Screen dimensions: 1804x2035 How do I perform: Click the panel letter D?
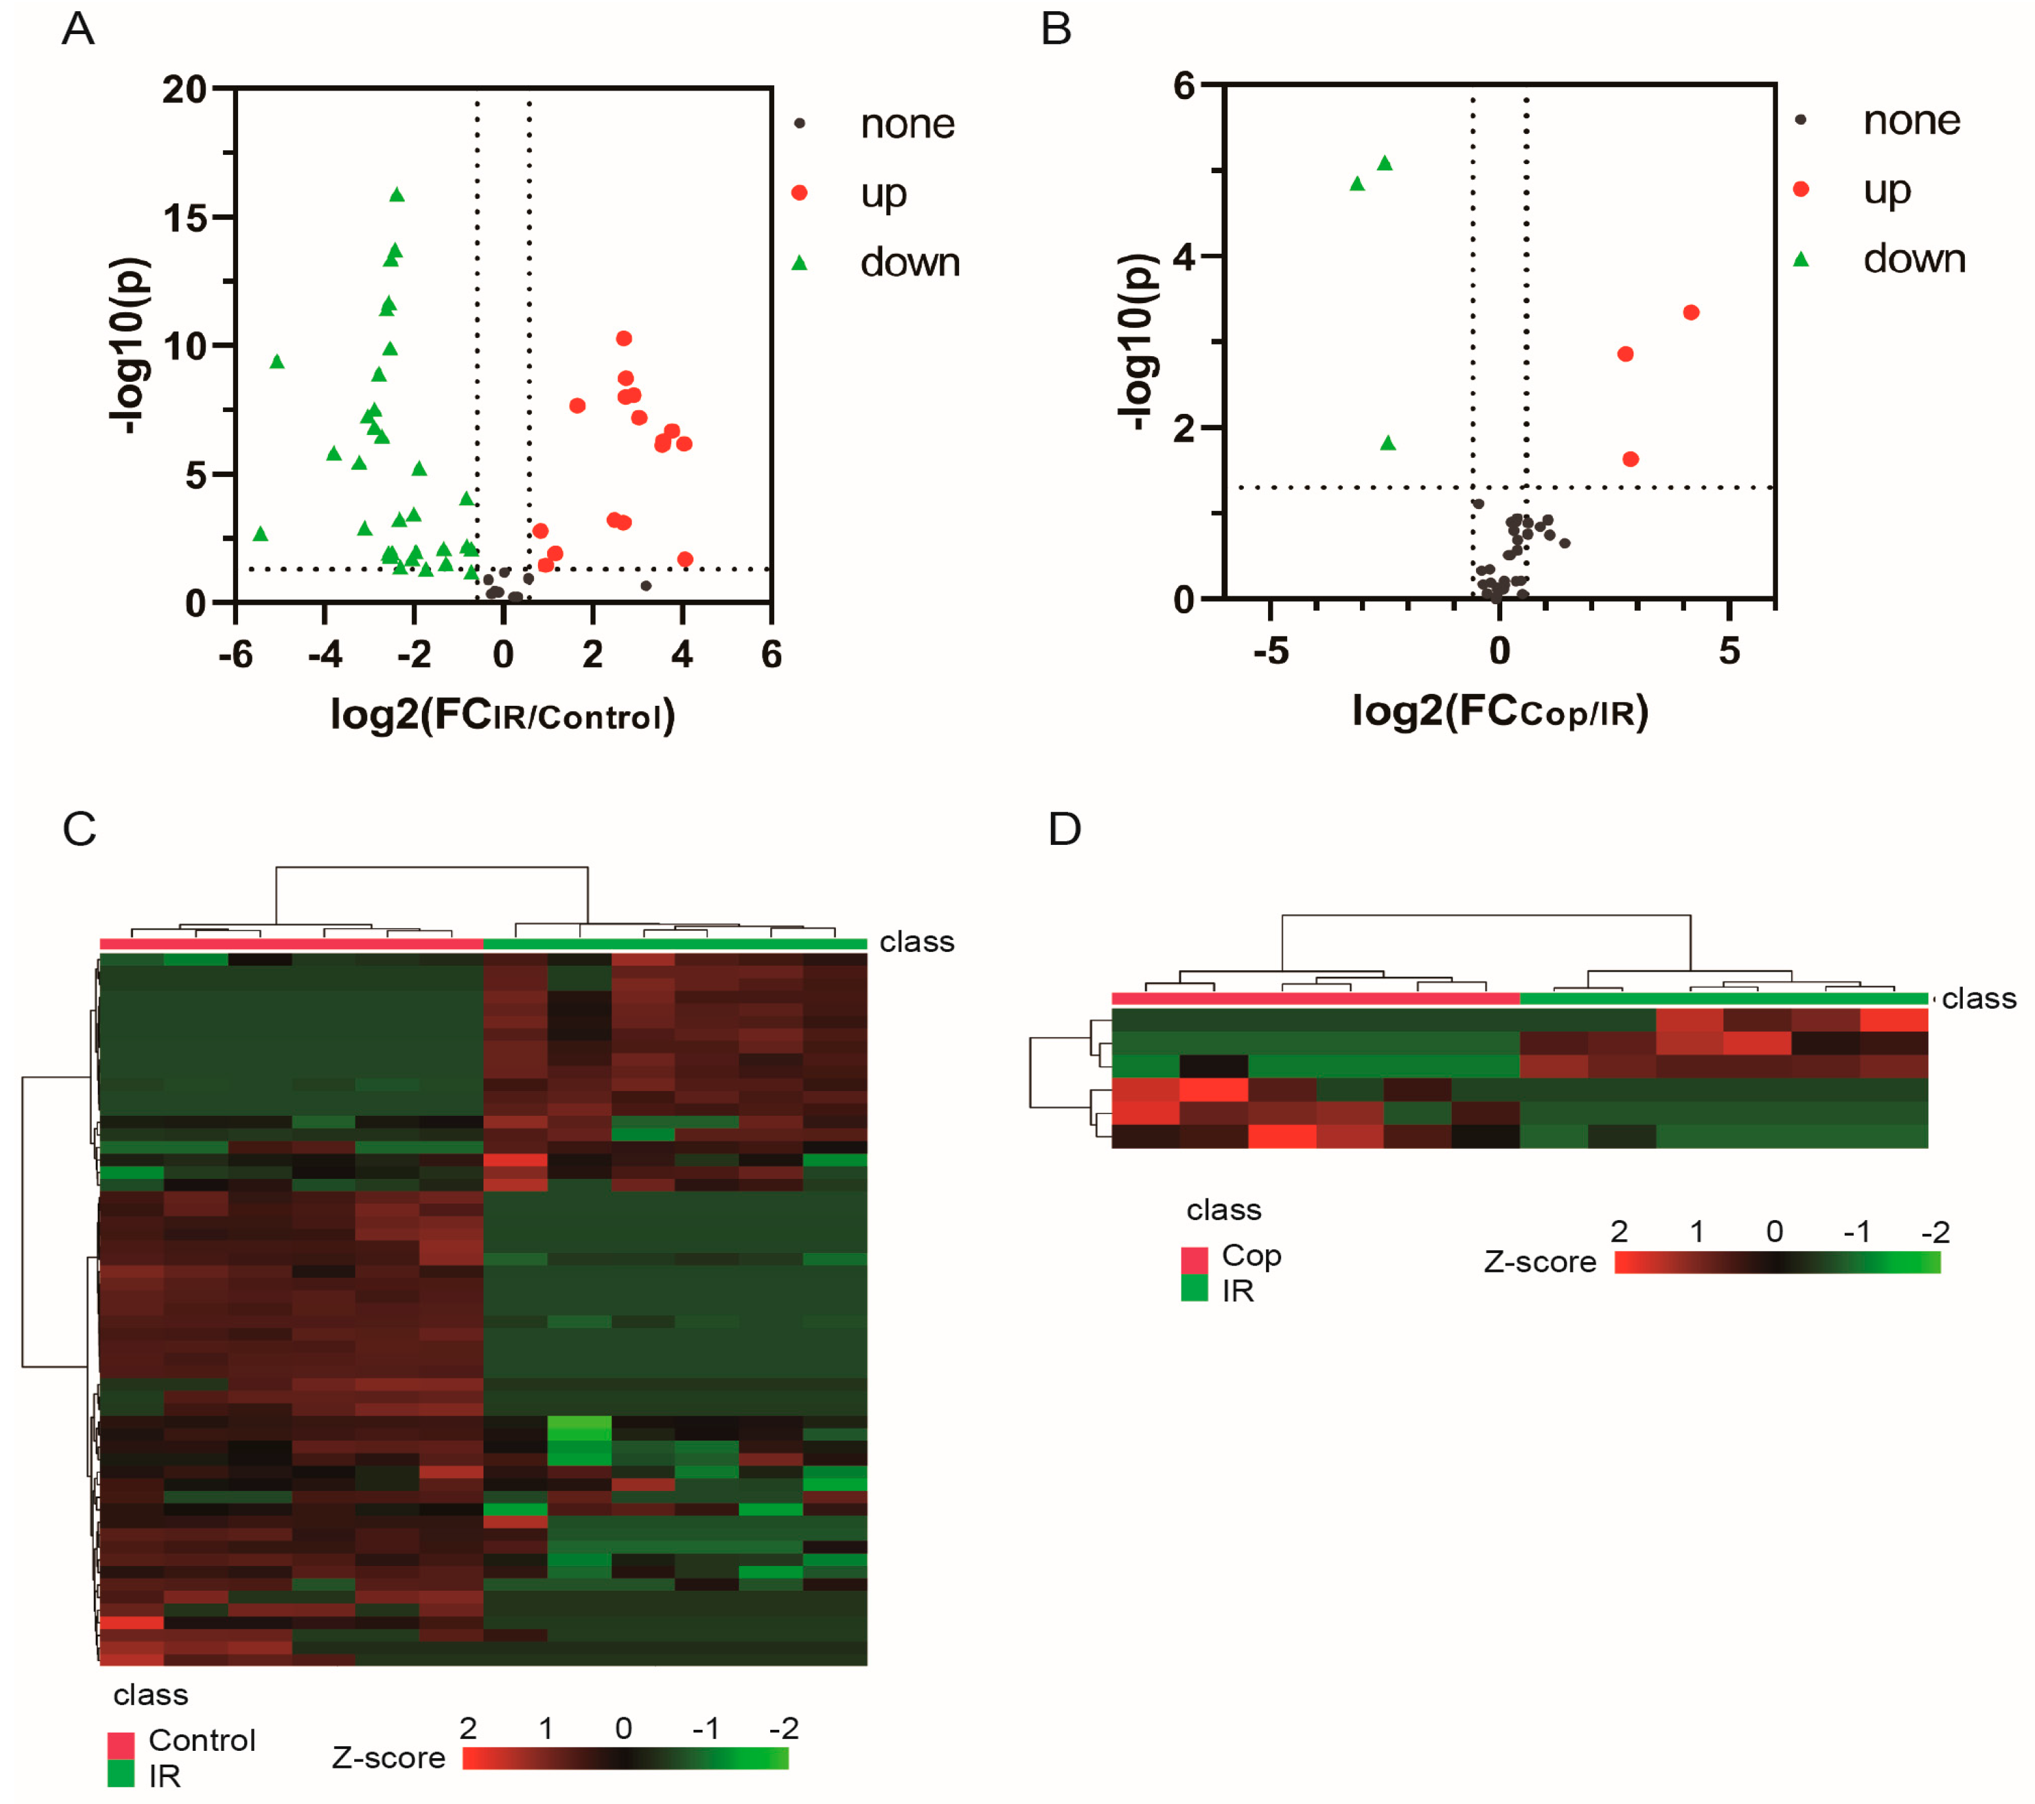point(1064,829)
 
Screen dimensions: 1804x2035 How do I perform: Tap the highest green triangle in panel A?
point(398,195)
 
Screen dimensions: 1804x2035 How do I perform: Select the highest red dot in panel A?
point(625,338)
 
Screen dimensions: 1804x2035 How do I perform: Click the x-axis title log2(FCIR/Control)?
point(503,715)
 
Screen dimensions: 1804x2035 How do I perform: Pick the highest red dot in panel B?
point(1691,313)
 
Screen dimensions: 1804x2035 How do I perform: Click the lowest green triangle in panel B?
point(1388,443)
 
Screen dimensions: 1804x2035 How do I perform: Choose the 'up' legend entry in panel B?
point(1885,189)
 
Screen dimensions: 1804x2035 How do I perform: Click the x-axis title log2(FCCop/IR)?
point(1500,711)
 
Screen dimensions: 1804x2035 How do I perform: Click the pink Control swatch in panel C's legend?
point(121,1744)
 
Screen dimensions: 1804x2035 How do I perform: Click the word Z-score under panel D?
point(1539,1262)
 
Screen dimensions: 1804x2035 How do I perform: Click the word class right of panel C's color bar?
point(916,942)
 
